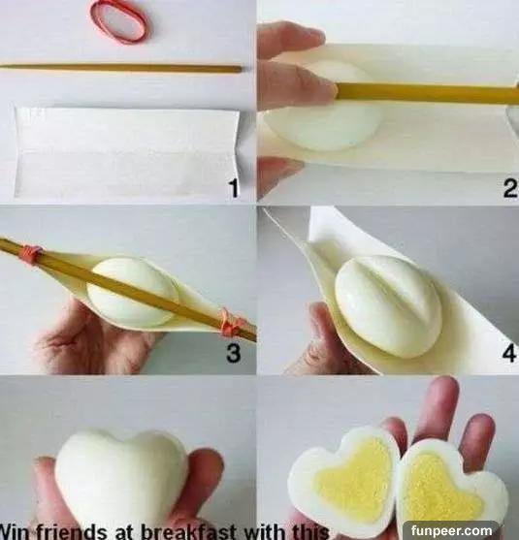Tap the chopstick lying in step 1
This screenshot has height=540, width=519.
120,68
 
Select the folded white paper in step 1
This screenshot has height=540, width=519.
127,152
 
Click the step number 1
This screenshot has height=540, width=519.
234,188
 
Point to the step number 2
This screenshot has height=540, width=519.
509,188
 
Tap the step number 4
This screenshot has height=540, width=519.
509,352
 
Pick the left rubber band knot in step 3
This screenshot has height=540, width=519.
32,255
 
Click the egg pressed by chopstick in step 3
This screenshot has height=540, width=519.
133,292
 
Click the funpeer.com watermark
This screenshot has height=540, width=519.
451,530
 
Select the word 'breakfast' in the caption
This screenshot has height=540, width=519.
188,531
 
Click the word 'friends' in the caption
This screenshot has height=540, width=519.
72,531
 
